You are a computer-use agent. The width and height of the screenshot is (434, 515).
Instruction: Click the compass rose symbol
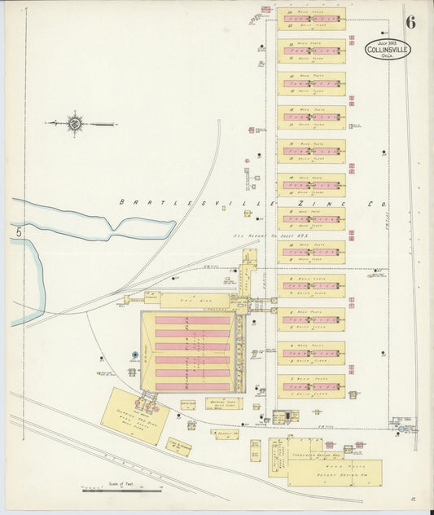[x=74, y=124]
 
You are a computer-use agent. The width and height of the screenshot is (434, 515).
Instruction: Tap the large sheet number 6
[x=410, y=22]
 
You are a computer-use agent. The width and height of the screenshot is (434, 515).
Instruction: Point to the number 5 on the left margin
[x=15, y=234]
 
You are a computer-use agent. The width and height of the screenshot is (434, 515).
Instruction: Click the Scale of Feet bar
[x=121, y=491]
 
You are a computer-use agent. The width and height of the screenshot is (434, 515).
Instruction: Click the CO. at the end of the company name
[x=377, y=203]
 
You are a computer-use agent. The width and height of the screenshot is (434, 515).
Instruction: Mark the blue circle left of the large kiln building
[x=135, y=354]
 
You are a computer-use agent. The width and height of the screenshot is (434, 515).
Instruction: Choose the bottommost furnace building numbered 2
[x=311, y=385]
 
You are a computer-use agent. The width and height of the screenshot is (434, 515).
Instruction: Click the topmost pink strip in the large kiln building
[x=193, y=320]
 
